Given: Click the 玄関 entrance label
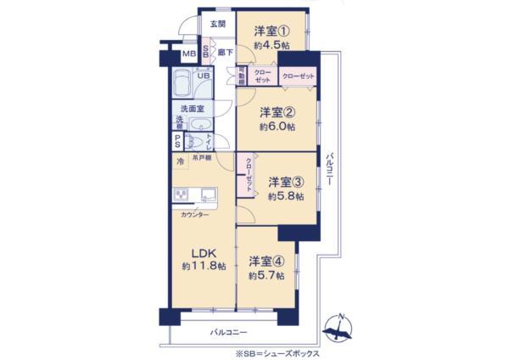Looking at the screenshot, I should tap(217, 24).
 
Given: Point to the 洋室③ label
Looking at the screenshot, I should tap(286, 182).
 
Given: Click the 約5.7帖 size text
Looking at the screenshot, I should tap(266, 276).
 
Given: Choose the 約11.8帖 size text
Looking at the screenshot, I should tap(203, 267).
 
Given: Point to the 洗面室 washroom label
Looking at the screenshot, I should tap(191, 108).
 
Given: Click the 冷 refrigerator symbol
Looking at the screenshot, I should tap(179, 160).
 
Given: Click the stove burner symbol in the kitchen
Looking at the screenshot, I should tap(182, 195).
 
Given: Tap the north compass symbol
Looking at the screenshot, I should tap(340, 327).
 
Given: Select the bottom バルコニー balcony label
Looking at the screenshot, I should tap(228, 331).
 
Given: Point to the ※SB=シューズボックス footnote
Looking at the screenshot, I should tap(277, 352).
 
